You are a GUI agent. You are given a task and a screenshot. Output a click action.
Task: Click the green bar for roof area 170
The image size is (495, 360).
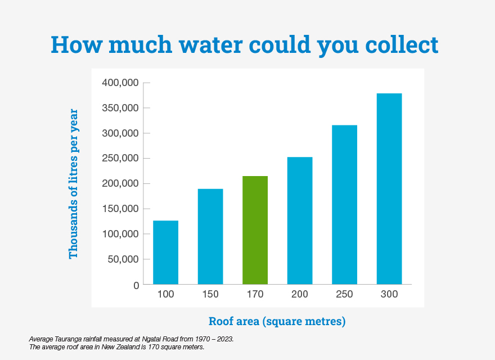(255, 230)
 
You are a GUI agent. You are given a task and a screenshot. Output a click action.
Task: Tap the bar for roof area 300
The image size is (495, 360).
(389, 188)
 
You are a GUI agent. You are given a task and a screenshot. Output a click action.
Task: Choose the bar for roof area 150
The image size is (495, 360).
(210, 236)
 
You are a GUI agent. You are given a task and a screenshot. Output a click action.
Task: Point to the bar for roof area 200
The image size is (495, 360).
(300, 220)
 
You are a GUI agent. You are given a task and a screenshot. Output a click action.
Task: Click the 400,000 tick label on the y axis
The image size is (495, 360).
(120, 83)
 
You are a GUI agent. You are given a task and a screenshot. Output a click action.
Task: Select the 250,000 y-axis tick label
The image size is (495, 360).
(120, 159)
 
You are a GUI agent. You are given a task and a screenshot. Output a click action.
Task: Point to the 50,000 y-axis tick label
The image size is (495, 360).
(123, 259)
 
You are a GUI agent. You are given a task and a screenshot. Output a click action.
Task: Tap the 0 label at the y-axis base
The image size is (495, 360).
(136, 285)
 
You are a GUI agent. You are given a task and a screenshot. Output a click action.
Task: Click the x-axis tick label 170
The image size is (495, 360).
(255, 295)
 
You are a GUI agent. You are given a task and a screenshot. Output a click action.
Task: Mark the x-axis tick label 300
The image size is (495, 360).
(389, 295)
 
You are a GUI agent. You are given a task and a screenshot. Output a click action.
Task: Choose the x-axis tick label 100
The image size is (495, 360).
(165, 295)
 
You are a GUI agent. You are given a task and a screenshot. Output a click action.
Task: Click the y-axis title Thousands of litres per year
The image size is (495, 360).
(74, 184)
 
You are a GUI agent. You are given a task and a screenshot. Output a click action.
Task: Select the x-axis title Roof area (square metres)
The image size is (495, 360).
(277, 322)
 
